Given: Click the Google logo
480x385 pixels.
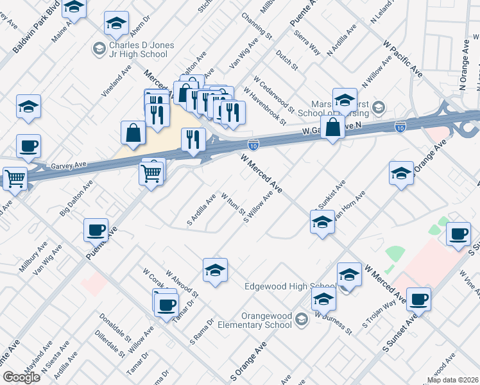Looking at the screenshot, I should point(21,377).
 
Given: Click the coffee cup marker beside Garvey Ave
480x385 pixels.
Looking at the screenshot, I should point(28,146).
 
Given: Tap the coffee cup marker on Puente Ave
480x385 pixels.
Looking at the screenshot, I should point(96,229).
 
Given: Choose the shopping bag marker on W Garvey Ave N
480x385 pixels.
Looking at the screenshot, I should point(333,128).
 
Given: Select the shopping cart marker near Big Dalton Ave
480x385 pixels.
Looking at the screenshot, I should point(151,172).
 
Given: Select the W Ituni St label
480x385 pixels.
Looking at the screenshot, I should point(233,203).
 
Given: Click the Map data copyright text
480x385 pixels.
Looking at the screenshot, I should point(452,380).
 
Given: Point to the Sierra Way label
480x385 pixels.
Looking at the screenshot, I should point(305,42).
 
